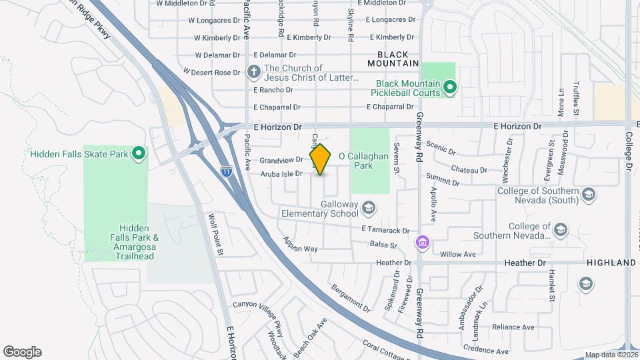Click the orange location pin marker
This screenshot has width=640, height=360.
[x=320, y=159]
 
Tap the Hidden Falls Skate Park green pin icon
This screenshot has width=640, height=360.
[x=139, y=154]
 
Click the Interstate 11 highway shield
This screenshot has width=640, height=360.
[x=227, y=171]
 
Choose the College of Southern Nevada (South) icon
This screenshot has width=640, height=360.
[x=588, y=194]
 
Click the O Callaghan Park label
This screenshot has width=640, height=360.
[x=364, y=161]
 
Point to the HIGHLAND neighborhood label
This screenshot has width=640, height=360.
[x=611, y=263]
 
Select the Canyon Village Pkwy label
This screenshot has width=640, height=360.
[x=263, y=305]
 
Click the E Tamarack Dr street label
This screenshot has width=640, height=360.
[x=385, y=230]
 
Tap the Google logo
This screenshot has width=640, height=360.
[x=22, y=352]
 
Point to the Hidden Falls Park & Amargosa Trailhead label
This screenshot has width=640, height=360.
[x=134, y=242]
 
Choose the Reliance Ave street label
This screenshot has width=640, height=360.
[x=515, y=327]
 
